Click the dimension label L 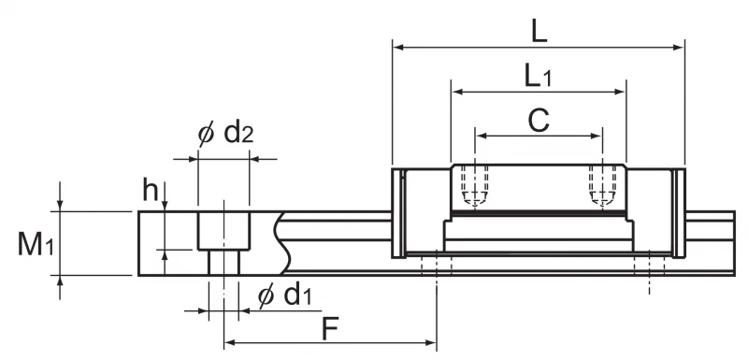[x=539, y=33]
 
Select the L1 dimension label [x=539, y=77]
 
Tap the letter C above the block [x=539, y=121]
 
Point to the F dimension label [x=330, y=328]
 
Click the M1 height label [x=36, y=244]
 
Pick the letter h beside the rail [x=150, y=191]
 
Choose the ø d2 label [x=225, y=134]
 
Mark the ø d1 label [x=285, y=295]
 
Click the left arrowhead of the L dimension [x=398, y=47]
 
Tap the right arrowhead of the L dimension [x=679, y=47]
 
